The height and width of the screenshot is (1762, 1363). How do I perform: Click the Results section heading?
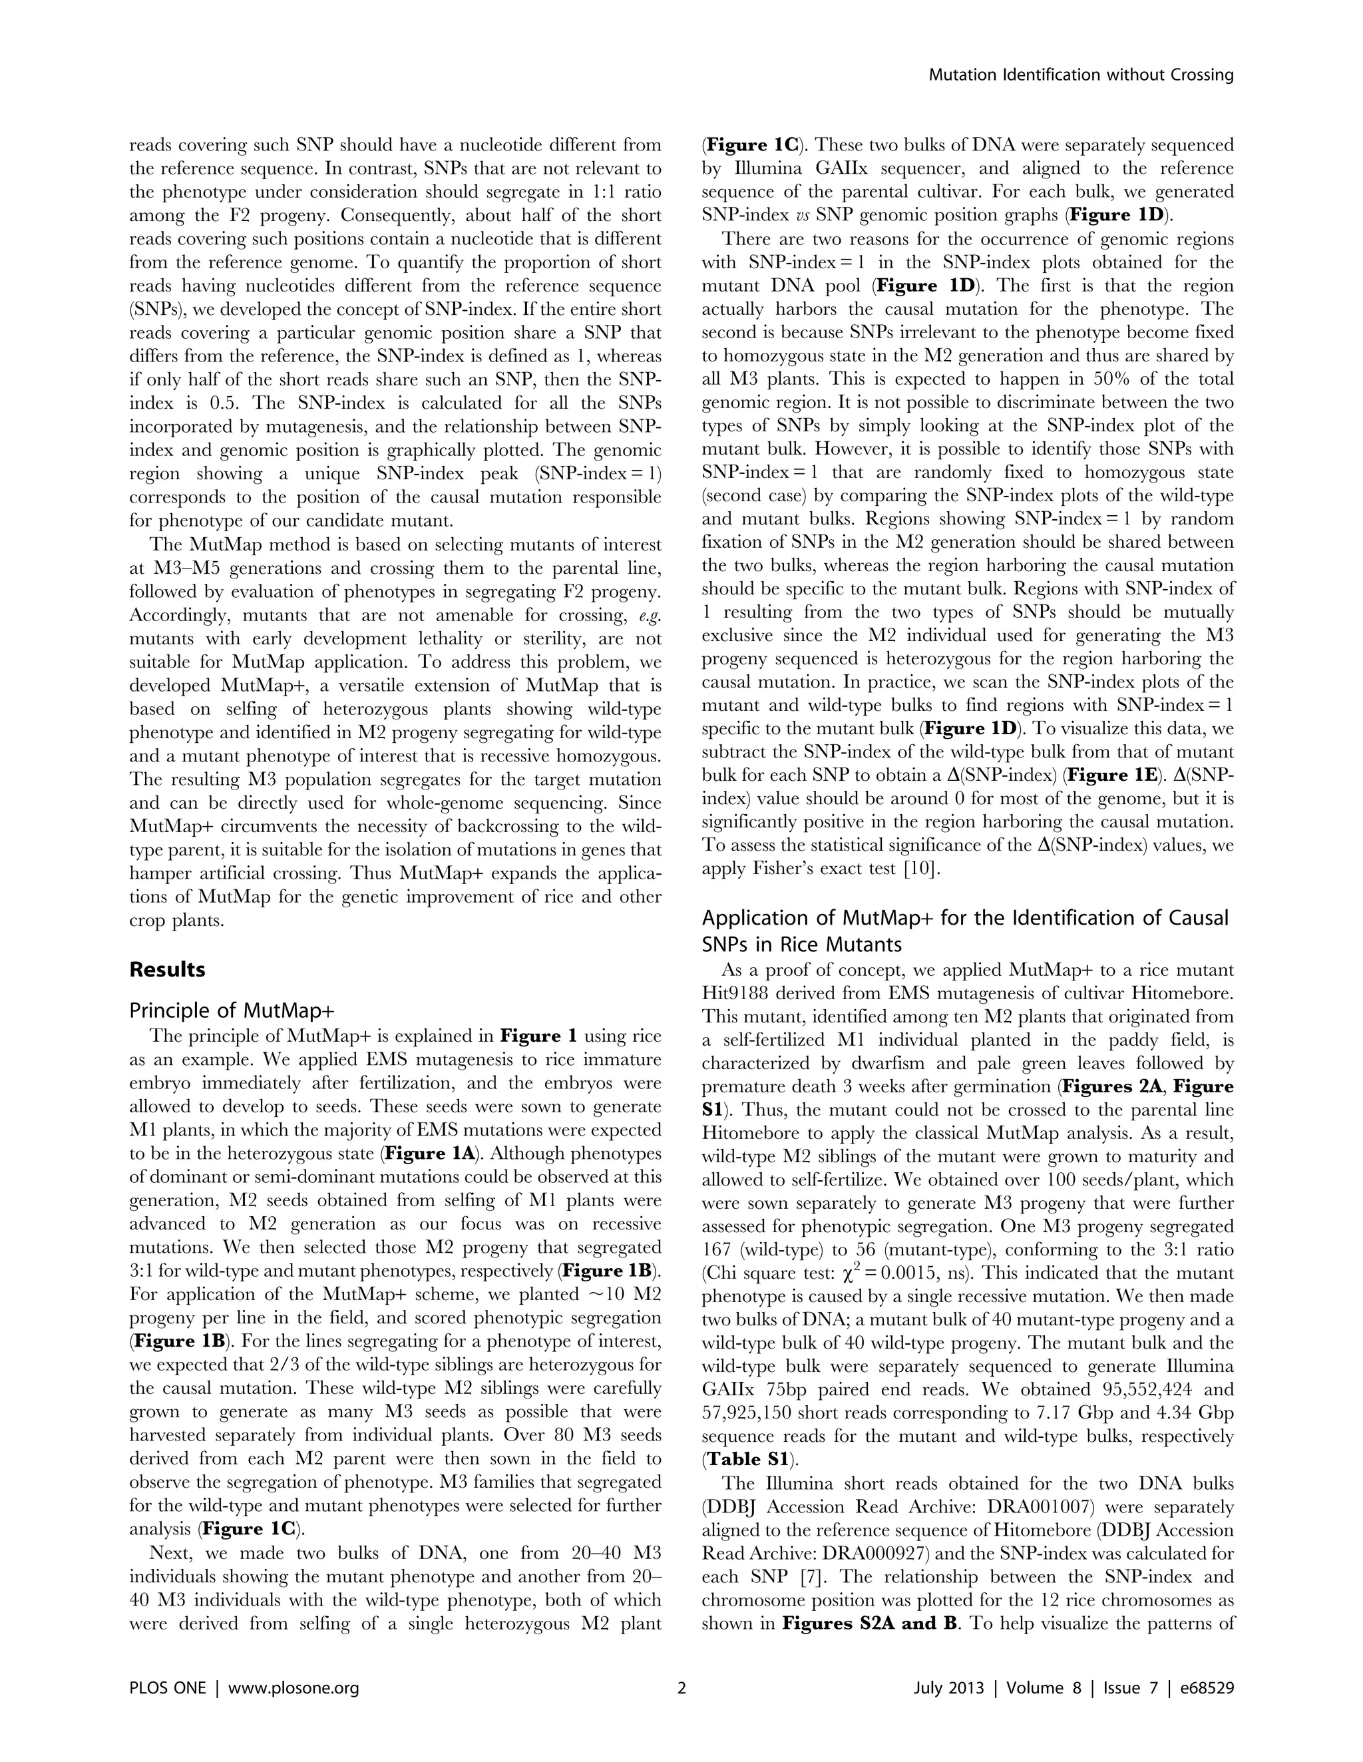coord(167,969)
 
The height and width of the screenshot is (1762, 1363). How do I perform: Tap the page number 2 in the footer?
coord(681,1687)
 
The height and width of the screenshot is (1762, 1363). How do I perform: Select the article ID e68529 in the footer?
coord(1206,1687)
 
